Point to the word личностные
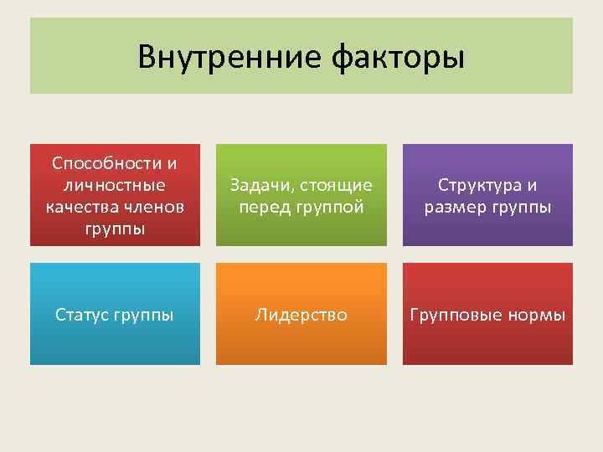115,184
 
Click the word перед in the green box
261,207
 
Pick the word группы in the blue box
145,316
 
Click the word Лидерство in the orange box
301,316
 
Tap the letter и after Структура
532,185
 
